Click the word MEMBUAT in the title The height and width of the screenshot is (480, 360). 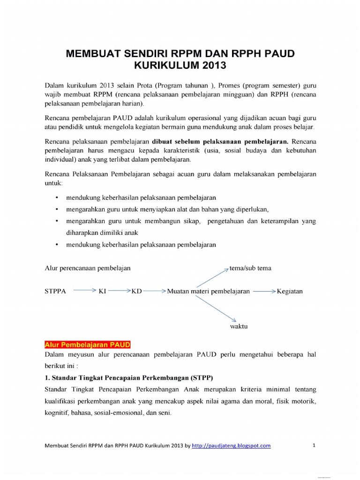click(x=95, y=53)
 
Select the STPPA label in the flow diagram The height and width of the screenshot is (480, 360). click(x=55, y=291)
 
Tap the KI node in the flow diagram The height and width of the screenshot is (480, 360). click(x=102, y=291)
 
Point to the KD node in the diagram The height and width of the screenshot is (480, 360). click(x=136, y=291)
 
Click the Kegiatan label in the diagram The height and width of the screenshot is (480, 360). click(x=290, y=291)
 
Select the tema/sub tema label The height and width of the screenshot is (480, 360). click(x=250, y=268)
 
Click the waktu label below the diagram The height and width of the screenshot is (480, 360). click(x=238, y=326)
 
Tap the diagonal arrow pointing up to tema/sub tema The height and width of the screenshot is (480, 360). click(x=212, y=278)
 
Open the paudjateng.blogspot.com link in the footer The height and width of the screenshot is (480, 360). click(x=231, y=446)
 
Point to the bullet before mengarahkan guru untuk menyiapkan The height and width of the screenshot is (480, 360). click(x=57, y=209)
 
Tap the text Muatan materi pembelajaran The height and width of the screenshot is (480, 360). click(x=208, y=291)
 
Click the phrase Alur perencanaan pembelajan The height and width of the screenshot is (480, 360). click(x=87, y=268)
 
